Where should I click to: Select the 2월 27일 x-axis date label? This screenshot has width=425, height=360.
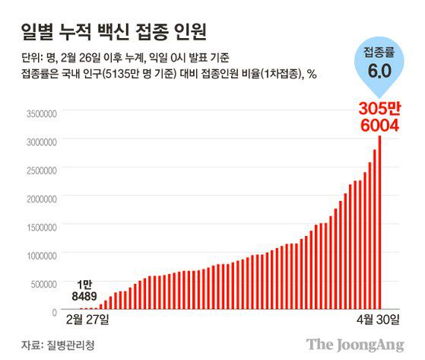point(88,317)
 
